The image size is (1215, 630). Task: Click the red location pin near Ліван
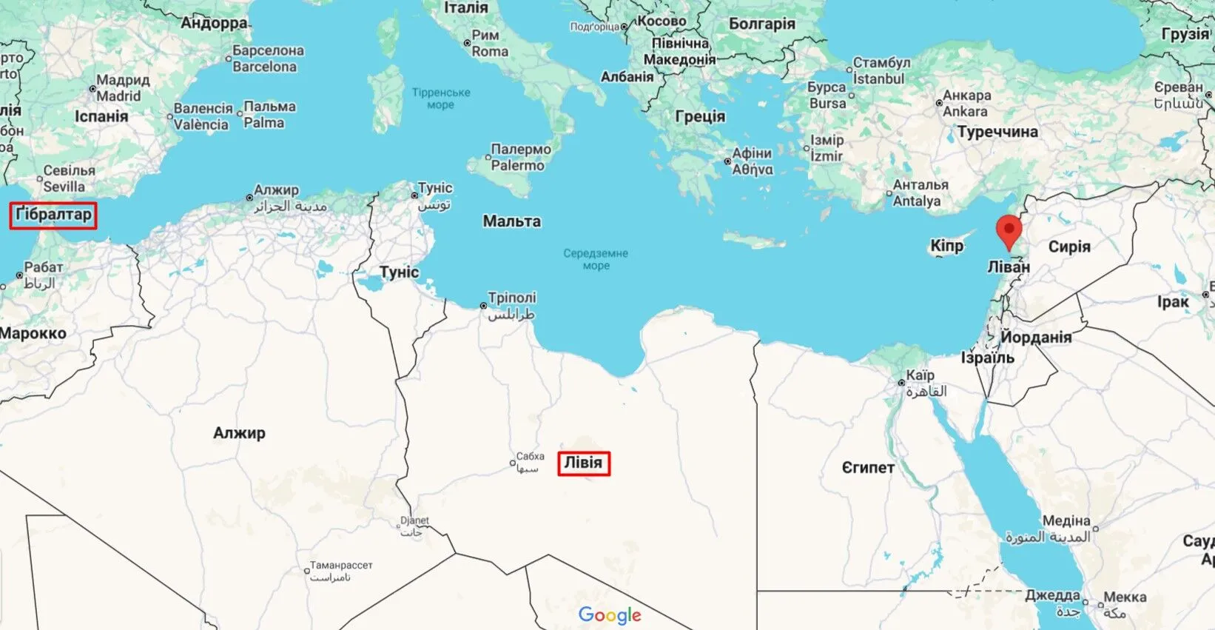1008,230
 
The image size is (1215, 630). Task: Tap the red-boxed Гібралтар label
53,215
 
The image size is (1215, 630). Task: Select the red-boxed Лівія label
584,463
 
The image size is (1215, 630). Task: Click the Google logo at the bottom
610,614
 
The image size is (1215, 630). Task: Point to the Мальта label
511,221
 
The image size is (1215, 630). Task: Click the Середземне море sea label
596,259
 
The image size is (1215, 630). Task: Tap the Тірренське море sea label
441,98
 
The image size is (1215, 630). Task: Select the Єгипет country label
868,468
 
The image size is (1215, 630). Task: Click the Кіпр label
946,246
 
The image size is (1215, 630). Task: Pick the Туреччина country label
997,133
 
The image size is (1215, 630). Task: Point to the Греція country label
700,116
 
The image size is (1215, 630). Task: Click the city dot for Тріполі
483,306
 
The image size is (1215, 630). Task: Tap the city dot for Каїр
901,383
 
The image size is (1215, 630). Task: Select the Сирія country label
1069,247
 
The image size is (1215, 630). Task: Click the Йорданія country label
1036,338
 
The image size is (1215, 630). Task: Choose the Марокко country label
33,334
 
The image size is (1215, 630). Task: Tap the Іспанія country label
101,116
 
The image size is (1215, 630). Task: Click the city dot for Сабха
513,463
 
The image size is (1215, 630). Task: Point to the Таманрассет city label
341,566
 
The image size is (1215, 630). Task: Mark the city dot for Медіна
1095,529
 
